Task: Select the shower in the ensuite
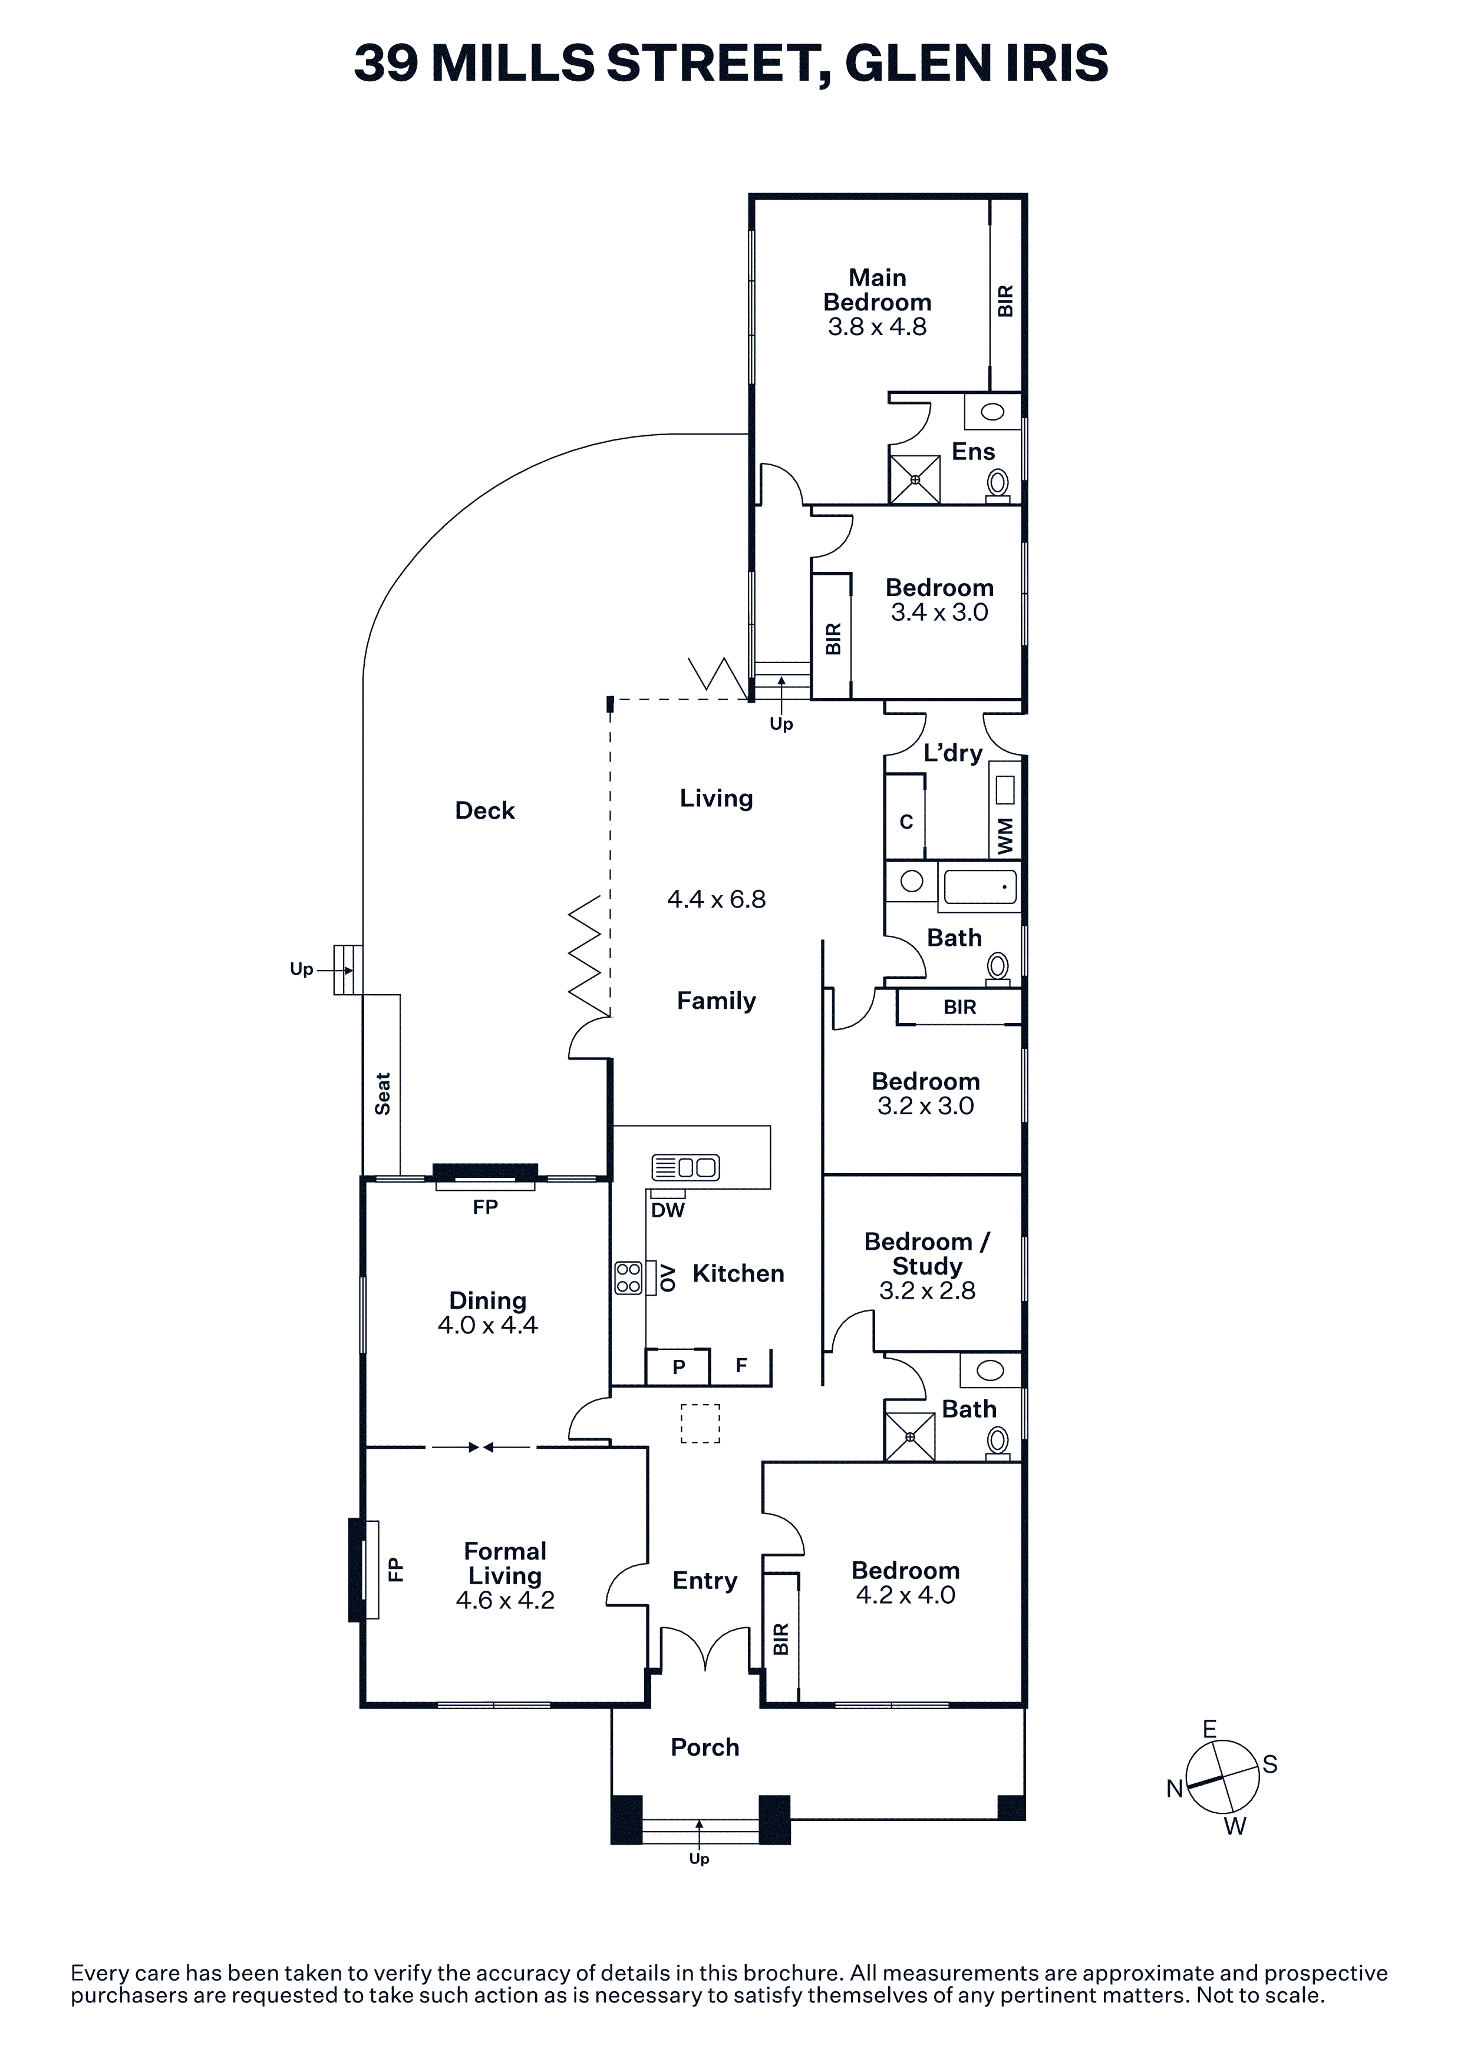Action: coord(915,479)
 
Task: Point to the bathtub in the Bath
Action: coord(980,886)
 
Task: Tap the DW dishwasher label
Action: coord(668,1210)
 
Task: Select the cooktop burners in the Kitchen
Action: coord(628,1278)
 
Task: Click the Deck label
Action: coord(484,811)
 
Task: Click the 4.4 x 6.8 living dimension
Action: coord(717,899)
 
